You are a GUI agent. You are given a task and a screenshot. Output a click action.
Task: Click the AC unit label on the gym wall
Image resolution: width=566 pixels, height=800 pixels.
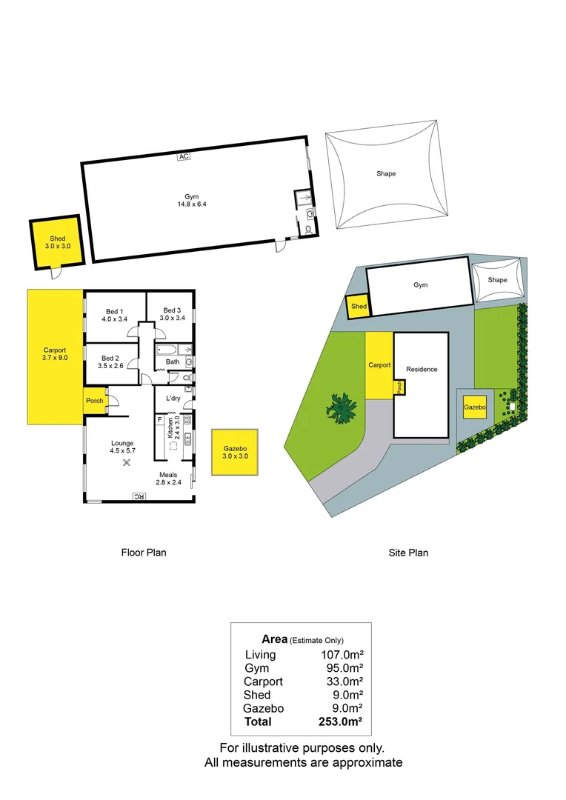(182, 156)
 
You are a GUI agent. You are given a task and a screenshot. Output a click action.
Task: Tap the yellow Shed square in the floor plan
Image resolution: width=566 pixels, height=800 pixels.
(57, 242)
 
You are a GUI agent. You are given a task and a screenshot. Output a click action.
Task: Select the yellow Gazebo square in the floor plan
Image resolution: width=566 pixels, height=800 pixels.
(235, 453)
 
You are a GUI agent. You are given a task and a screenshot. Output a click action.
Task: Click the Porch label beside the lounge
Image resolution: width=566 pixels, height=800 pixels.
(94, 401)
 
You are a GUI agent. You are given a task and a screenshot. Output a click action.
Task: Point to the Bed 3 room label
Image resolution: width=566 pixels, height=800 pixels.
(171, 310)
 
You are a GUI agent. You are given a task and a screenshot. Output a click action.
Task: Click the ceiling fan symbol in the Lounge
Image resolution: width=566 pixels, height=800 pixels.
(125, 463)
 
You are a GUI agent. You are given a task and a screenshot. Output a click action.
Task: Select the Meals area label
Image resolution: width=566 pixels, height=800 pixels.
(167, 475)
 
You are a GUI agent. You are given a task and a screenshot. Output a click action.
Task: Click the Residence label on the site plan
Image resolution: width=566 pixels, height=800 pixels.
(422, 369)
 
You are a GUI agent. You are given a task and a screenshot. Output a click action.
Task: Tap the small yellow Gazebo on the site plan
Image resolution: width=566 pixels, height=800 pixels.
(474, 407)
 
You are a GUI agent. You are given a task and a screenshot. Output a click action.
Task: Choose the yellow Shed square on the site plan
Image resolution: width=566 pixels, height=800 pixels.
(359, 307)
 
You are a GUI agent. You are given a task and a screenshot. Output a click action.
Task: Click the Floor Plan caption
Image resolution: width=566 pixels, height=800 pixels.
(144, 552)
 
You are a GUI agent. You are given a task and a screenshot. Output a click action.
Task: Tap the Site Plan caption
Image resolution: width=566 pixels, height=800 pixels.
(408, 552)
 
